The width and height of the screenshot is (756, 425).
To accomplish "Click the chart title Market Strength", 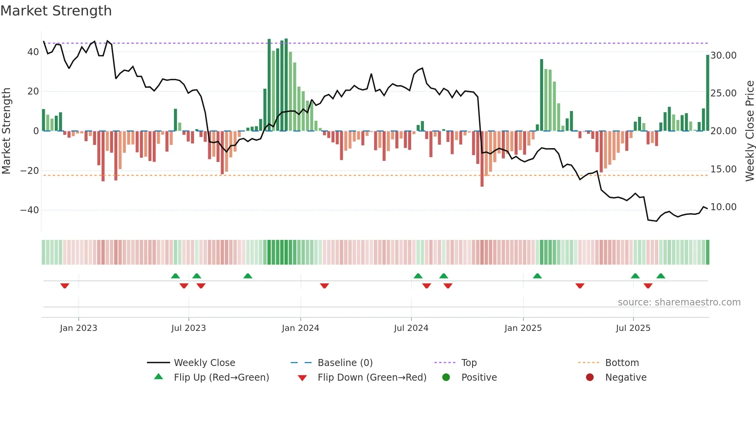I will pyautogui.click(x=56, y=11).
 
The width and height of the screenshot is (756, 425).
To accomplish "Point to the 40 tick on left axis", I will pyautogui.click(x=33, y=52).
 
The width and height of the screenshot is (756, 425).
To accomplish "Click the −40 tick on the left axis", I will pyautogui.click(x=30, y=210).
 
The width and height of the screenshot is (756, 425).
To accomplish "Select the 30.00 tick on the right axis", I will pyautogui.click(x=723, y=56).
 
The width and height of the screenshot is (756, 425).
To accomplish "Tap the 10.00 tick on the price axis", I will pyautogui.click(x=723, y=207).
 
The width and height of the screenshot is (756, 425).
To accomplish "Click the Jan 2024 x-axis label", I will pyautogui.click(x=300, y=328).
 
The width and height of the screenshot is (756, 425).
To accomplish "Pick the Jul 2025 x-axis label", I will pyautogui.click(x=633, y=328).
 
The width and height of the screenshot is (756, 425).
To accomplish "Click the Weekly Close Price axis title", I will pyautogui.click(x=749, y=131).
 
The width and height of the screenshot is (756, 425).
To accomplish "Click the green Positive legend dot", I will pyautogui.click(x=446, y=378).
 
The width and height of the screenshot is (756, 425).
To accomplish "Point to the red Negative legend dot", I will pyautogui.click(x=590, y=378).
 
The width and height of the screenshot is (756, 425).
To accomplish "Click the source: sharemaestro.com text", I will pyautogui.click(x=679, y=302).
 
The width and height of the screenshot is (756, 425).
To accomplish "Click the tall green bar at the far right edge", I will pyautogui.click(x=707, y=93).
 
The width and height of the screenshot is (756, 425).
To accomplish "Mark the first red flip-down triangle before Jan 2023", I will pyautogui.click(x=65, y=286).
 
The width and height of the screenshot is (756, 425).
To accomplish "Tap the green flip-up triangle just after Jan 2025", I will pyautogui.click(x=537, y=276).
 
